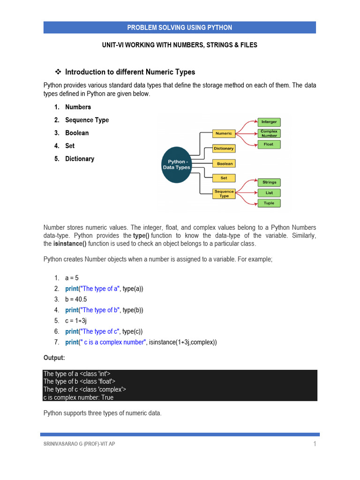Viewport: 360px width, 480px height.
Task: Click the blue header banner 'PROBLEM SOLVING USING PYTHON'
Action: tap(180, 28)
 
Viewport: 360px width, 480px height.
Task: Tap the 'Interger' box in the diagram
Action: tap(269, 122)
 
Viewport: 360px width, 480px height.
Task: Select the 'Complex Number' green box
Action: tap(269, 134)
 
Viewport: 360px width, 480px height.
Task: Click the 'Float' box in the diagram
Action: tap(269, 144)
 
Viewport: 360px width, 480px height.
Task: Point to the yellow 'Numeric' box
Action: tap(224, 134)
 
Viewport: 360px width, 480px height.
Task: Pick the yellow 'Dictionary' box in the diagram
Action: tap(224, 149)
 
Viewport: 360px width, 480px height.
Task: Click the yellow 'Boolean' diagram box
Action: tap(225, 164)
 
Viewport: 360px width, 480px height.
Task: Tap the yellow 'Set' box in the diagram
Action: tap(224, 178)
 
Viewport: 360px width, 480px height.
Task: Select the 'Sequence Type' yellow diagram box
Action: tap(224, 194)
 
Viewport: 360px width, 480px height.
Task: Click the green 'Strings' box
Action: tap(269, 182)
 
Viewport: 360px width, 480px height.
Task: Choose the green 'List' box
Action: tap(269, 193)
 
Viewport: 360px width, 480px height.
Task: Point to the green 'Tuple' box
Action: tap(269, 203)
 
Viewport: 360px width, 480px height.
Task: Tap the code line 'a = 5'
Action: tap(72, 278)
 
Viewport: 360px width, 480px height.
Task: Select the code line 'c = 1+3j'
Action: tap(76, 321)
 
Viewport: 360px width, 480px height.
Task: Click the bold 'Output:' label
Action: tap(54, 358)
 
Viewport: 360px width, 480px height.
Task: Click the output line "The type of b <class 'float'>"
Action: tap(79, 382)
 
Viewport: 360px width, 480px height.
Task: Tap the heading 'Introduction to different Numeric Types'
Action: tap(130, 72)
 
